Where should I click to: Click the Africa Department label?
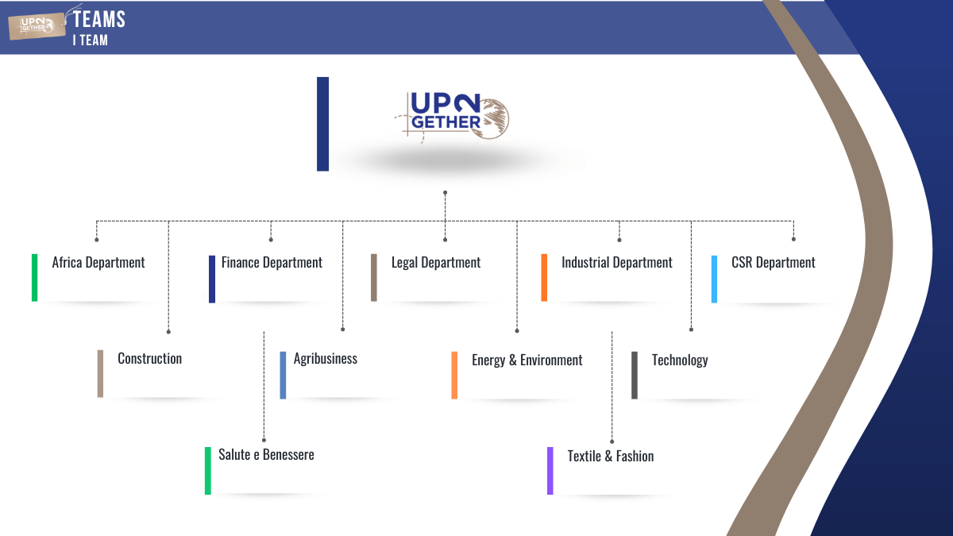tap(98, 263)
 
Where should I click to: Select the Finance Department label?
tap(272, 263)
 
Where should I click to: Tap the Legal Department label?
tap(436, 263)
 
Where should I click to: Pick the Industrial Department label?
tap(617, 263)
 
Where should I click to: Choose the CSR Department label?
tap(773, 263)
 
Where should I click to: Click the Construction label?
tap(149, 359)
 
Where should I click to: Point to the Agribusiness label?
tap(326, 359)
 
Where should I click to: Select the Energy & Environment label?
tap(527, 361)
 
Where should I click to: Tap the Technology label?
tap(680, 361)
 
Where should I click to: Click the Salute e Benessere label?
tap(266, 455)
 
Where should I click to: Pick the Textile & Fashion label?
tap(611, 457)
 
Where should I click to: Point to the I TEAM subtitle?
tap(90, 40)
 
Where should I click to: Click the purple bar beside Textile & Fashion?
tap(550, 471)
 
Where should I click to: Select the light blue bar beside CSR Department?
tap(715, 279)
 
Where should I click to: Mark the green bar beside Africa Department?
tap(35, 278)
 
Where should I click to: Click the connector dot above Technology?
tap(691, 329)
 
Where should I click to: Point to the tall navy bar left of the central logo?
tap(322, 124)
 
